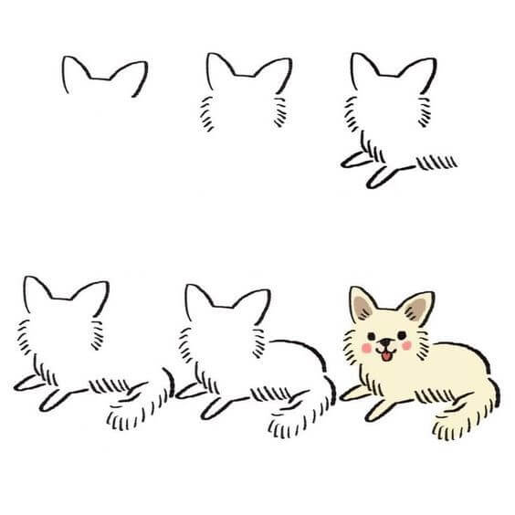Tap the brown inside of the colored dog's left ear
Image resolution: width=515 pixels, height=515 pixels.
point(363,306)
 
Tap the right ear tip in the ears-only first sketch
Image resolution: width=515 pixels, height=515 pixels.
point(144,65)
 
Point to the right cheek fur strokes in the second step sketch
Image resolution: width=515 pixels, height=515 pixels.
point(278,114)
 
